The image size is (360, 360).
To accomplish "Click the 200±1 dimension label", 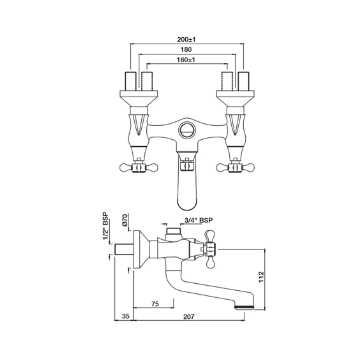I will point(186,39).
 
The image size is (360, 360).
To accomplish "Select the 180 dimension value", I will point(186,50).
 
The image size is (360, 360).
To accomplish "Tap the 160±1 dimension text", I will point(186,60).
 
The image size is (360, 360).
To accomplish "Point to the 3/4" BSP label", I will point(199,220).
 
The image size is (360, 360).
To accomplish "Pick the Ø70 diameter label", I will point(125,221).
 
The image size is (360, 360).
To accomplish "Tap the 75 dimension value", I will point(155,304).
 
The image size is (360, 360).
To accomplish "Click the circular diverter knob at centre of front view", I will point(186,129).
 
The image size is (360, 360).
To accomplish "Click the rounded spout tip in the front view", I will point(186,203).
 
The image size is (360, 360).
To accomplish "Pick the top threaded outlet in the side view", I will point(173,230).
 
